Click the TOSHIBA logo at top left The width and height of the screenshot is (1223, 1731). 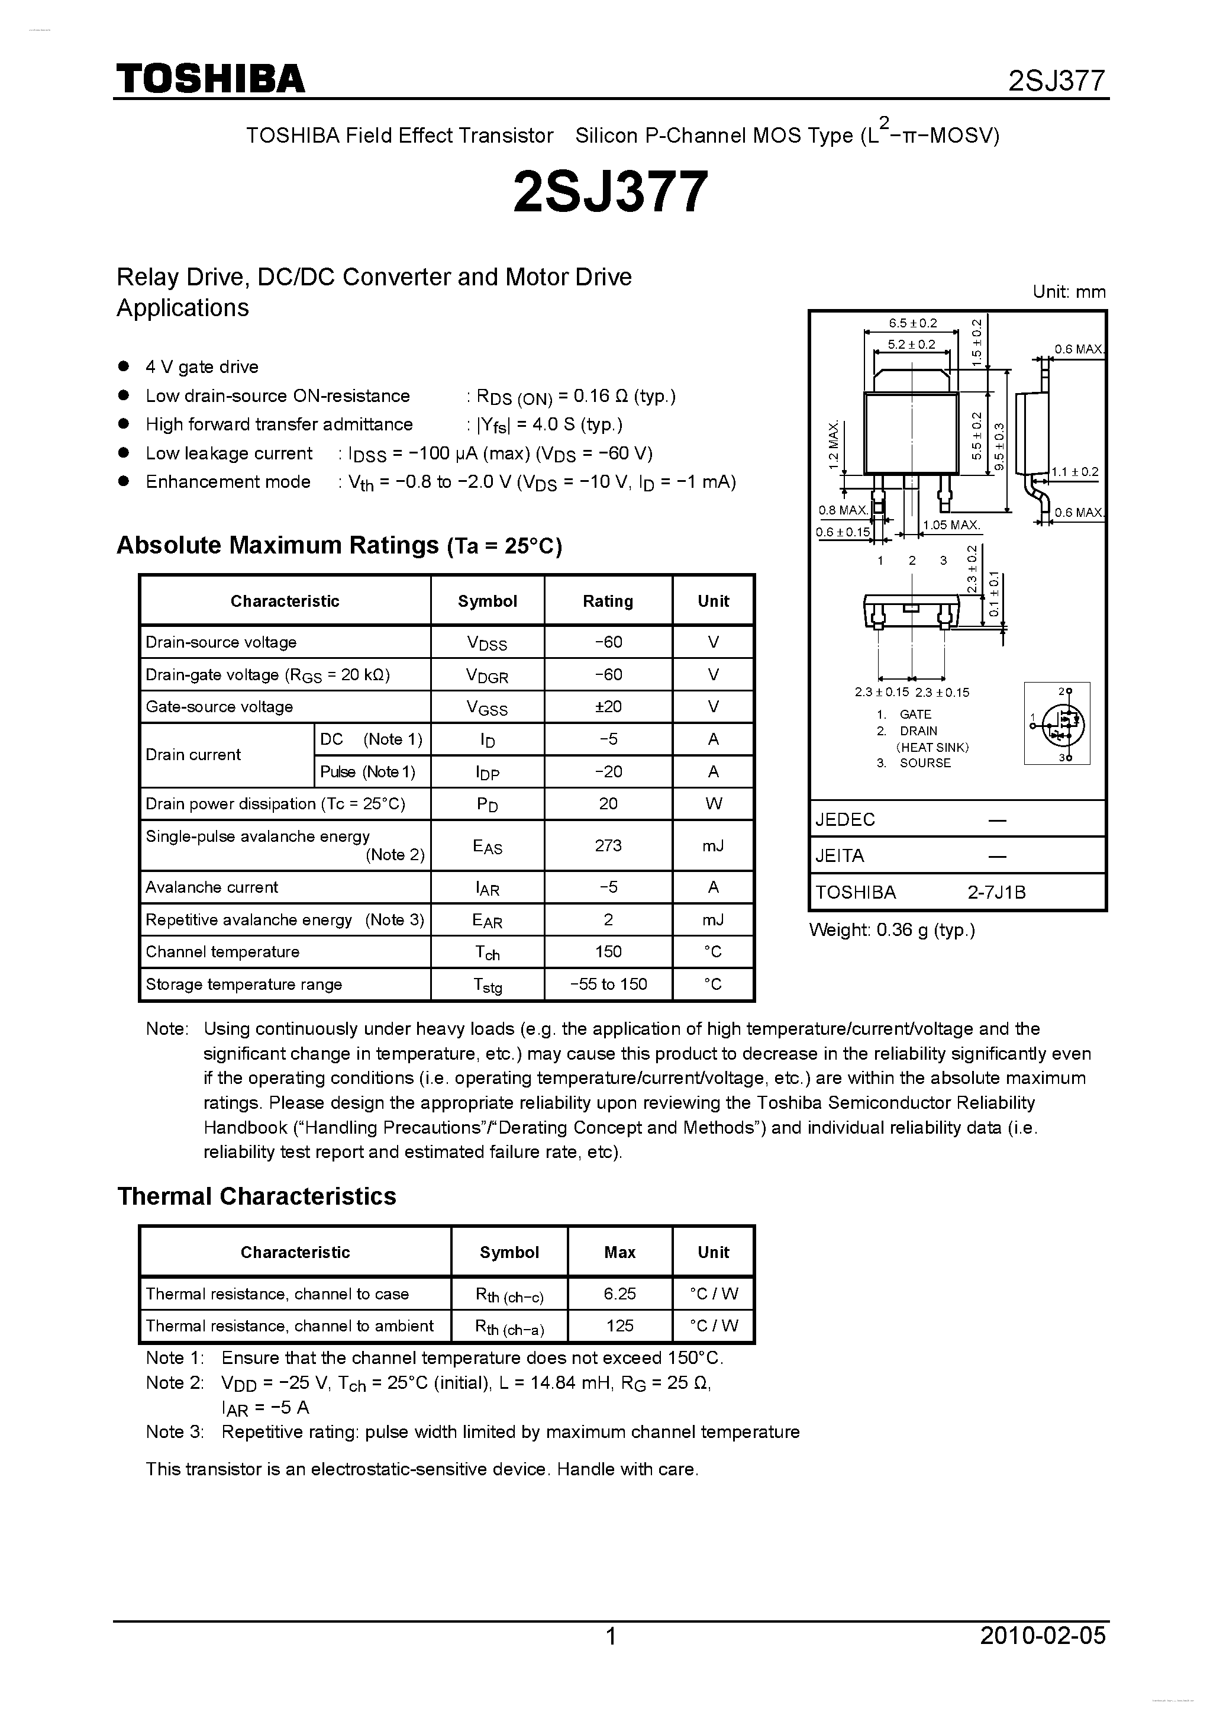209,78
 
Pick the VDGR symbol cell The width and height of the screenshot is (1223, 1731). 487,675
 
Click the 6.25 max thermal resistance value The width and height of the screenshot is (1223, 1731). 619,1294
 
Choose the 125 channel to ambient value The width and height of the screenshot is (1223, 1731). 619,1325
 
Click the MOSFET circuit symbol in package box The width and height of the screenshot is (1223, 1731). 1057,724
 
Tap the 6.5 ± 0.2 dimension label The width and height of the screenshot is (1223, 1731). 912,323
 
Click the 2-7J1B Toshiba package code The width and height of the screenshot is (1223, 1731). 996,893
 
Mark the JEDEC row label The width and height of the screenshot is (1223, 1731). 845,819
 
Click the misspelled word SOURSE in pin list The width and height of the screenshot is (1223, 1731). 925,763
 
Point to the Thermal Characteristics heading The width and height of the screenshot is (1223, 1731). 256,1196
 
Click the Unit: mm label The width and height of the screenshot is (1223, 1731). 1069,292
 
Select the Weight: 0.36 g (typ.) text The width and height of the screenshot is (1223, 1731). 892,931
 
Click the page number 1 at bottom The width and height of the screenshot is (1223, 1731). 611,1636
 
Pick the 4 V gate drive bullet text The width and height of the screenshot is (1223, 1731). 201,367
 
